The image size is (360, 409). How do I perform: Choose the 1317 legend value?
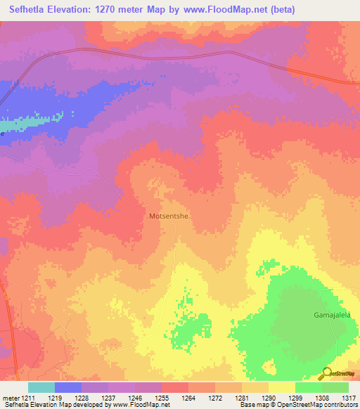(349, 398)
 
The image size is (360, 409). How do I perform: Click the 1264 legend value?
(188, 398)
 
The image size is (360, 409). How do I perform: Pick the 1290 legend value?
(269, 398)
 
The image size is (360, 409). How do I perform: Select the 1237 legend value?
(108, 398)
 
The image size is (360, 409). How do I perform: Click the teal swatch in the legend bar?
(41, 387)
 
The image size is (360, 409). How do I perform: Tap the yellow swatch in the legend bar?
(282, 387)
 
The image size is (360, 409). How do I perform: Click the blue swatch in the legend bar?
(68, 387)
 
